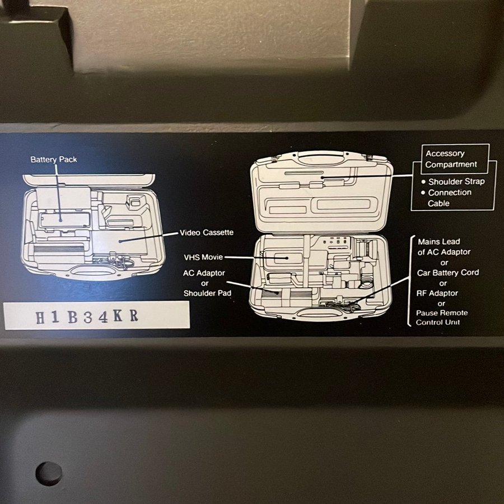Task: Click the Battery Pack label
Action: click(x=54, y=160)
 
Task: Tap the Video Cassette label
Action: click(x=207, y=232)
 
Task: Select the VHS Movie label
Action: click(x=203, y=257)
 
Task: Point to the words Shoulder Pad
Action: click(x=207, y=293)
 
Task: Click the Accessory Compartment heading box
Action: click(x=455, y=159)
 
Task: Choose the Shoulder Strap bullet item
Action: click(x=453, y=181)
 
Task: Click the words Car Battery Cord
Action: click(x=448, y=273)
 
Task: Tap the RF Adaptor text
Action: click(x=437, y=293)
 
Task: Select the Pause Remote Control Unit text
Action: click(x=442, y=318)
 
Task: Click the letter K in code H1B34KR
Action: click(x=118, y=316)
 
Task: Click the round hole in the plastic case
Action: click(x=49, y=474)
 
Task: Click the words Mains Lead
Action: click(x=438, y=241)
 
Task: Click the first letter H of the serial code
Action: click(x=40, y=318)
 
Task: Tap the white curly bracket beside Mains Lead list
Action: click(x=410, y=281)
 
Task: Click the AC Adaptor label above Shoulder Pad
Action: click(x=204, y=273)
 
